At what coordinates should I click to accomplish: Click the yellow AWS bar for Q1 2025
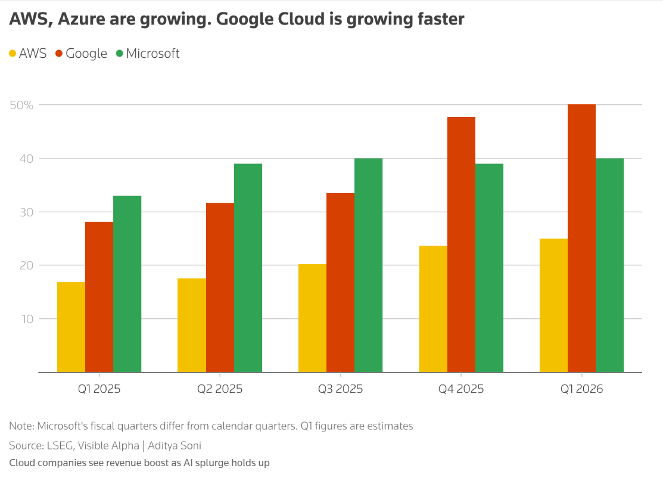71,327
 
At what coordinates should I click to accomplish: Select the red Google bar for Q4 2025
461,244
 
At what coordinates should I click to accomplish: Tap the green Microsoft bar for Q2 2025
248,268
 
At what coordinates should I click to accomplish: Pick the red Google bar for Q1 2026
581,238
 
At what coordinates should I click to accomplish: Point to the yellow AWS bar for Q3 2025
312,318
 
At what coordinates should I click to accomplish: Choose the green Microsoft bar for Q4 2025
489,268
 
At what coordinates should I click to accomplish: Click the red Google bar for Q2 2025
220,287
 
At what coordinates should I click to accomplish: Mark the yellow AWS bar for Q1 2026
553,305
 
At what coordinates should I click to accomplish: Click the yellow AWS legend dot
13,54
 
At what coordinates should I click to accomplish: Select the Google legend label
86,54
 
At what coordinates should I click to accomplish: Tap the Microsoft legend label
152,54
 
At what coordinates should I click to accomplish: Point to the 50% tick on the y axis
21,105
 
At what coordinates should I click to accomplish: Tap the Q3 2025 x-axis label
340,389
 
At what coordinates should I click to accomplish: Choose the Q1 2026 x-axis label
581,389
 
